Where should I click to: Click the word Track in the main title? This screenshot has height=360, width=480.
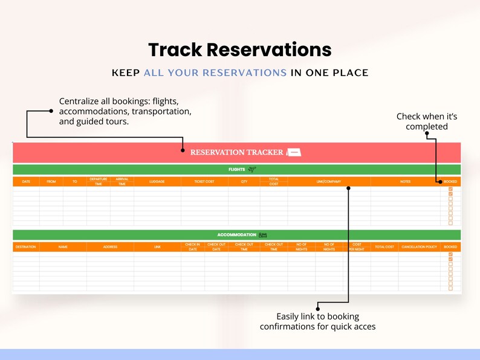(x=175, y=49)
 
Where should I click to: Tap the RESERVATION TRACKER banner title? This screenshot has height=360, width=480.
(x=236, y=152)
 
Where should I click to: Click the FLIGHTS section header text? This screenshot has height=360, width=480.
(x=236, y=170)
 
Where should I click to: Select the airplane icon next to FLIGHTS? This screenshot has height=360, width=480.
(x=252, y=170)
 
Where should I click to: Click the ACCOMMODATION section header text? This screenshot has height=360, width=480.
(x=236, y=235)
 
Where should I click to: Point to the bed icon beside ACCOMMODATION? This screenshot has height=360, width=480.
(x=263, y=235)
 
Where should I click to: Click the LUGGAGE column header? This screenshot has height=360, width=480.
(x=157, y=181)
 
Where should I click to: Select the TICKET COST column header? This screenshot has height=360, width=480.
(x=204, y=181)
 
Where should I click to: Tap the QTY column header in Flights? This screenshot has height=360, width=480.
(x=244, y=181)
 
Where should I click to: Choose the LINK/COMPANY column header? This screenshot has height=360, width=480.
(x=329, y=181)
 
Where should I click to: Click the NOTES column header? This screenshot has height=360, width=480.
(x=405, y=181)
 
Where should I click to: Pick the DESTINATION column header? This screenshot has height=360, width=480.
(x=25, y=246)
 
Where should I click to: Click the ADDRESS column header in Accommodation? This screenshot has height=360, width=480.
(x=110, y=246)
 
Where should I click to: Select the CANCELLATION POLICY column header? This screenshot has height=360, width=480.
(x=419, y=246)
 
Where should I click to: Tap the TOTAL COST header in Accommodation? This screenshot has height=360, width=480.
(x=384, y=246)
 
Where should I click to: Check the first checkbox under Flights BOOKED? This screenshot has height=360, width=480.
(x=450, y=189)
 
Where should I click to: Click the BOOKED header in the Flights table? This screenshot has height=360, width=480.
(x=450, y=181)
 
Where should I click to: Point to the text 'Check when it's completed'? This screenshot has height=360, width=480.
(x=426, y=121)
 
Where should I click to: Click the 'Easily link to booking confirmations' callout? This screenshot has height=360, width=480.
(x=317, y=321)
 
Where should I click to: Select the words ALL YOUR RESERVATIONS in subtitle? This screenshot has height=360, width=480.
(x=215, y=73)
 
